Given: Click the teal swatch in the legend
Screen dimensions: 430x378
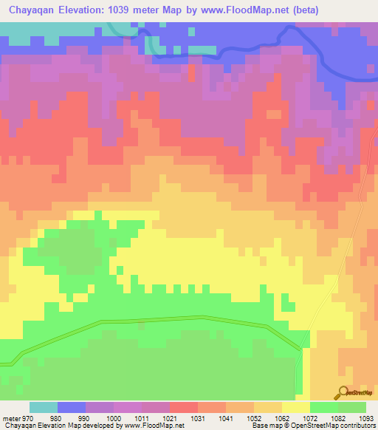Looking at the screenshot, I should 44,407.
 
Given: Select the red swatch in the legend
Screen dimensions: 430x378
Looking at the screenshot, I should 184,407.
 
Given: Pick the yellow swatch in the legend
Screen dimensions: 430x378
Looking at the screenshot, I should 296,407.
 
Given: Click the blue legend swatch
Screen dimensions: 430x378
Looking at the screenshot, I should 72,407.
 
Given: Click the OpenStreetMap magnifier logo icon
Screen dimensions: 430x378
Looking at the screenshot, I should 343,392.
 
